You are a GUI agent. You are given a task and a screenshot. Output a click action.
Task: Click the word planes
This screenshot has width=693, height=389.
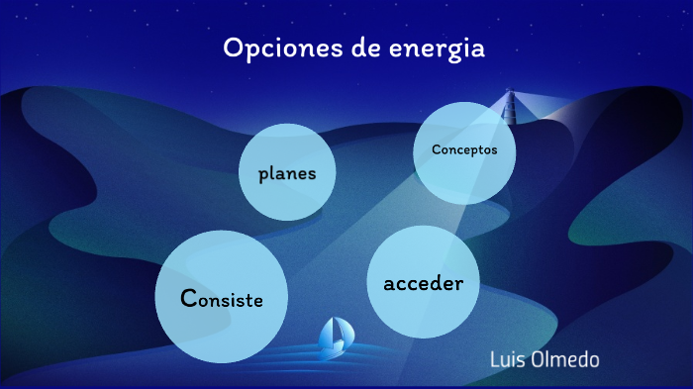tap(287, 174)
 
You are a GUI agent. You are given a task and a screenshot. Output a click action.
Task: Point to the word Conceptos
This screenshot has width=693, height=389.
tap(464, 150)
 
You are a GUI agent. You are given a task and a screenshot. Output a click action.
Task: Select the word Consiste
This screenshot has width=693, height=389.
tap(222, 298)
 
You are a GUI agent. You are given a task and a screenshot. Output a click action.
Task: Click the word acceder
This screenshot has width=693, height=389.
tap(423, 283)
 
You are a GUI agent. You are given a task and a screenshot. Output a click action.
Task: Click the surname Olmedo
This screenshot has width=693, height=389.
tap(566, 358)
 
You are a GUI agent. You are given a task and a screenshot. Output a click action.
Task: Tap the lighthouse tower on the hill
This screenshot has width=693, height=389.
tap(512, 107)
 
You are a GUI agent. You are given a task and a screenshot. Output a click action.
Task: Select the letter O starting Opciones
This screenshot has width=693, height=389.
tap(232, 49)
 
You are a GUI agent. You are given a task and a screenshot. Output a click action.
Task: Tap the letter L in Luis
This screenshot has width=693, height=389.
tap(495, 358)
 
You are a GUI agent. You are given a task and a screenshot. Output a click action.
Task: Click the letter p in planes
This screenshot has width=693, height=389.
tap(263, 176)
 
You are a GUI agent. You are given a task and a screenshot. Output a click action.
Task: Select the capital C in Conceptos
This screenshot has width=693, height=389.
tap(436, 150)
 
